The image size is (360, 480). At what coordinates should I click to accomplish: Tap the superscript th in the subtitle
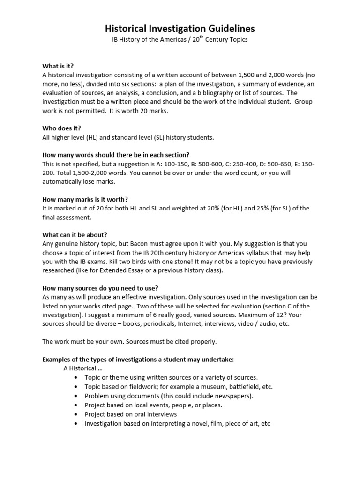(211, 38)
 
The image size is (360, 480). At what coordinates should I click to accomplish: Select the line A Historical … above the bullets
(82, 368)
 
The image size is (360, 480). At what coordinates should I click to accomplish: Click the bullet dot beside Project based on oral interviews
(76, 414)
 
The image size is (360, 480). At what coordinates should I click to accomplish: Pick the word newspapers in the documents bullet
(233, 396)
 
